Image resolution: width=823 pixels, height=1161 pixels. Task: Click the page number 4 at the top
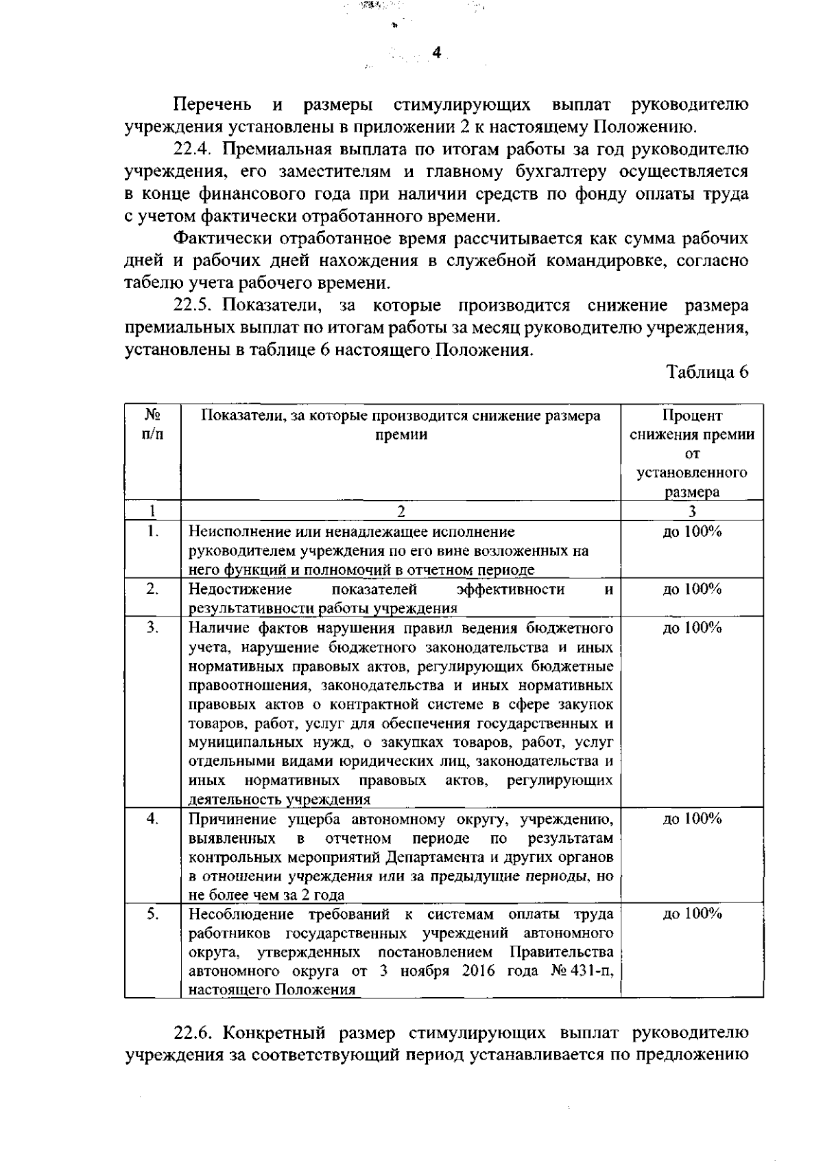tap(436, 54)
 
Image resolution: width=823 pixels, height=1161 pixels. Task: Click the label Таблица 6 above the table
tap(708, 372)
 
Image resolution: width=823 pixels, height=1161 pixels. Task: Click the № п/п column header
tap(152, 425)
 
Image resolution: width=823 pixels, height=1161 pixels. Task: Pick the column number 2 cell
tap(401, 511)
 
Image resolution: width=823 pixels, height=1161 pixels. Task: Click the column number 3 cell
tap(692, 511)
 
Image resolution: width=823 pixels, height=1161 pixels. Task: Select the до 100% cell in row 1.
tap(692, 532)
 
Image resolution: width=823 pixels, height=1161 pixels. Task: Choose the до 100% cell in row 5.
tap(692, 914)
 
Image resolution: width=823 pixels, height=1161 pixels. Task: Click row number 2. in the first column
tap(152, 589)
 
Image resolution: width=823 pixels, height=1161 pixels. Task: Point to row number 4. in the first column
tap(152, 818)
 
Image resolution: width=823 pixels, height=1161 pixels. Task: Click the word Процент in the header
tap(692, 416)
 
